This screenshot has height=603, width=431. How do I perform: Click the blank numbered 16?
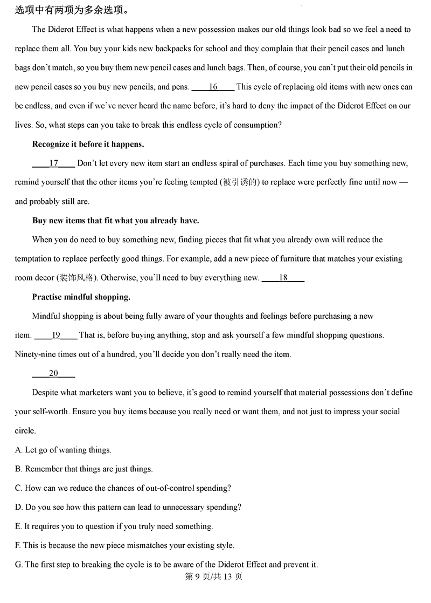click(x=213, y=87)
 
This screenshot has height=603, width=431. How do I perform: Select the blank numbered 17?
click(x=53, y=163)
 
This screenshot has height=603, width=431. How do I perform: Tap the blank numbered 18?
click(x=283, y=278)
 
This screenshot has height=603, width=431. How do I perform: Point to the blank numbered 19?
click(x=55, y=335)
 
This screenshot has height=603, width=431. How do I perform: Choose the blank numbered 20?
click(x=53, y=374)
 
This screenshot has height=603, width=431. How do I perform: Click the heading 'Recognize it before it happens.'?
click(x=88, y=144)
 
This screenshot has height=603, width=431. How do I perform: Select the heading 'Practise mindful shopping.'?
click(x=81, y=297)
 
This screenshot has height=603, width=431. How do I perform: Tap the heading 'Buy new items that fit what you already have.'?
click(x=115, y=221)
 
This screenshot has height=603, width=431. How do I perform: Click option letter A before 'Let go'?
click(x=19, y=450)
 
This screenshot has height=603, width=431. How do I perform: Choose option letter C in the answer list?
click(x=19, y=488)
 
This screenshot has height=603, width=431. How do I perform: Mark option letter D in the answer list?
click(x=19, y=508)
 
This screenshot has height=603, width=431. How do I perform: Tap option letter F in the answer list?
click(x=18, y=546)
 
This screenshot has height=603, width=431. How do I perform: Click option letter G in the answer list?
click(x=19, y=565)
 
